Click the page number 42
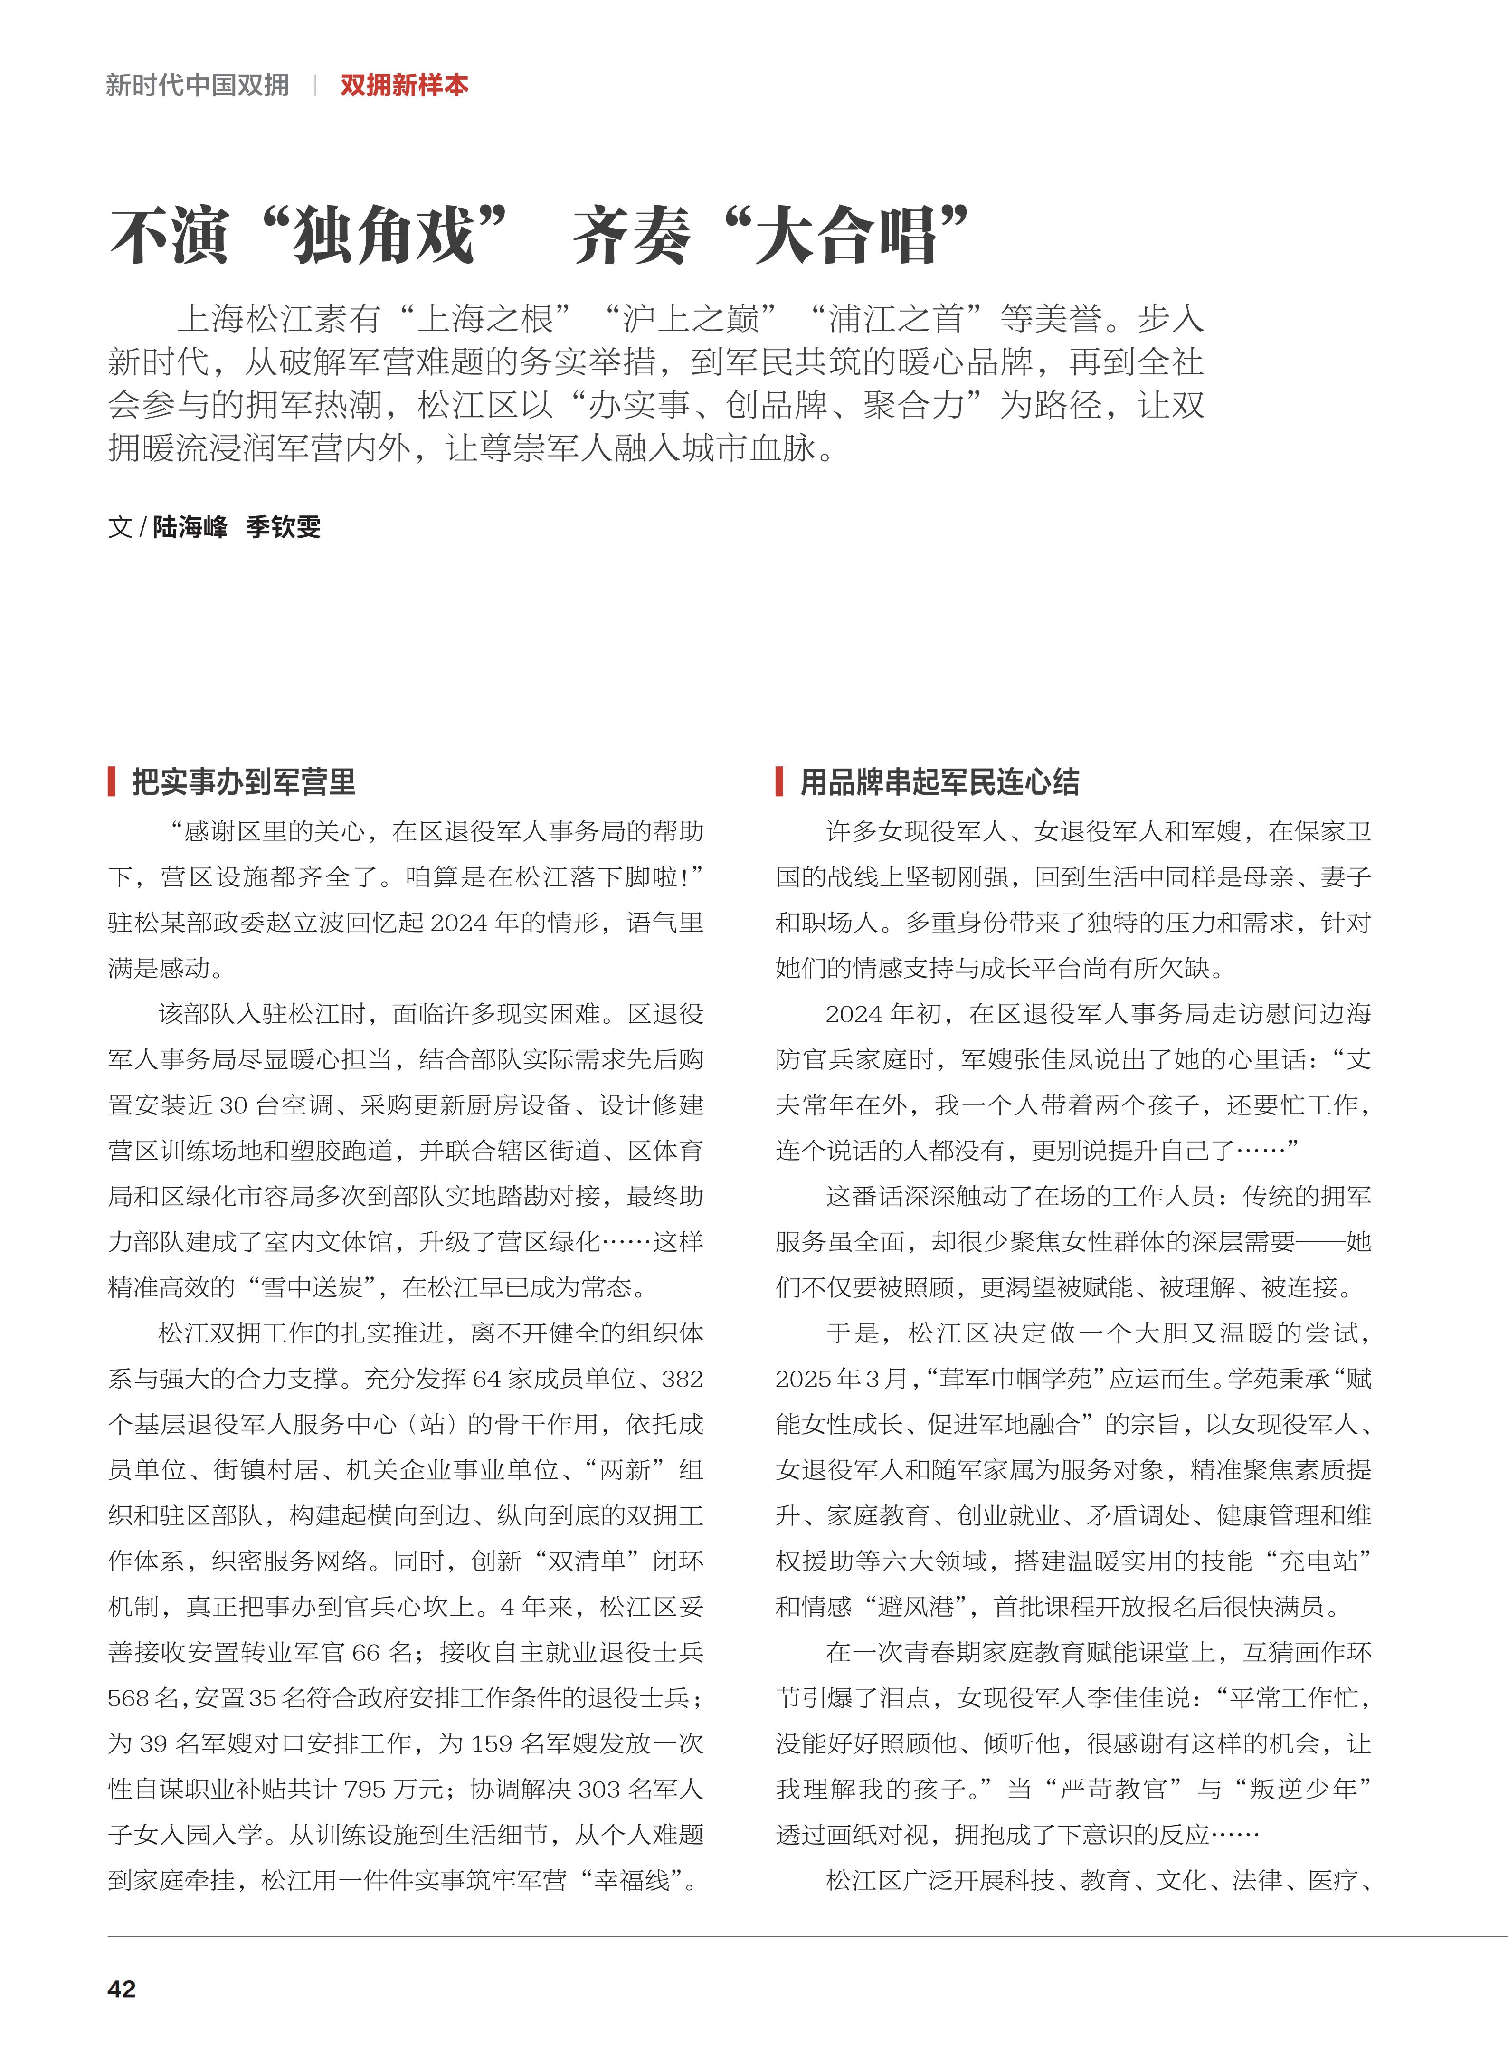pyautogui.click(x=122, y=1989)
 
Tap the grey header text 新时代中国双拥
pyautogui.click(x=197, y=86)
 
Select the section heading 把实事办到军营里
pyautogui.click(x=244, y=781)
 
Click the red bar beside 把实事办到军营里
pyautogui.click(x=112, y=781)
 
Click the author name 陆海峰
pyautogui.click(x=190, y=527)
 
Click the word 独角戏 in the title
pyautogui.click(x=383, y=236)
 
